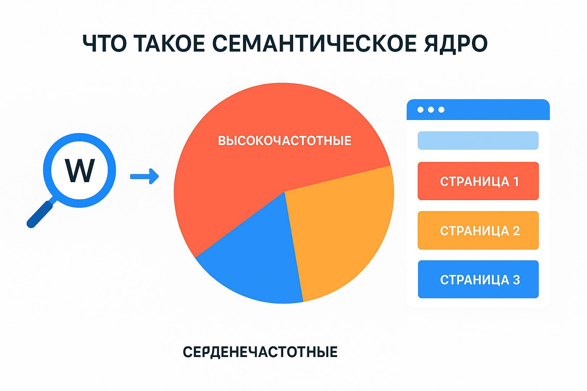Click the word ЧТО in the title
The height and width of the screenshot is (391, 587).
click(105, 43)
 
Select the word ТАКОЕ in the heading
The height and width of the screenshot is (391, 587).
click(169, 43)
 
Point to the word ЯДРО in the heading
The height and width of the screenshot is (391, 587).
click(456, 44)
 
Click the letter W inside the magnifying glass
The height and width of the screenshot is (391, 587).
click(79, 170)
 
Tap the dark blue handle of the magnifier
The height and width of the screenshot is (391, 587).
click(40, 214)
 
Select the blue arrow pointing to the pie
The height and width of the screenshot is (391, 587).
click(144, 176)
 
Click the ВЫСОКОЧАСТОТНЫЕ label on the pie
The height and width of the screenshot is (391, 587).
click(285, 141)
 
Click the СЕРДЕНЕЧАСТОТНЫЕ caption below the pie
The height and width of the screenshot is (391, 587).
click(260, 352)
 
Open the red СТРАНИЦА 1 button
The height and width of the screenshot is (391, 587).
click(478, 181)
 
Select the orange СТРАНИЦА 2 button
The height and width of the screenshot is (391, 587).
click(478, 231)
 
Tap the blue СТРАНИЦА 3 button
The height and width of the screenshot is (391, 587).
click(478, 279)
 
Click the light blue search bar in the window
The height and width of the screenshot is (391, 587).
click(478, 141)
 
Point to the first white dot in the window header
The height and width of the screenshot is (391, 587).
click(420, 110)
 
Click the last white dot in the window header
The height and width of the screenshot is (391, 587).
click(441, 110)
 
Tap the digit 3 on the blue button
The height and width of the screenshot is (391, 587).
click(516, 280)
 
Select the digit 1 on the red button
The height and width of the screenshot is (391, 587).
click(516, 181)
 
